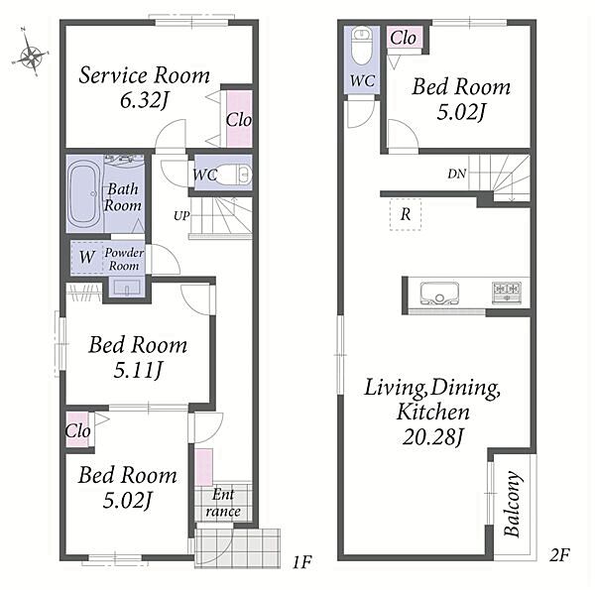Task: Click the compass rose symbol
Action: tap(31, 53)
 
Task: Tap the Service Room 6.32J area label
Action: tap(144, 87)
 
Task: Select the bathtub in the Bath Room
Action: tap(84, 194)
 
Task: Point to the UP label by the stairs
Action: tap(181, 216)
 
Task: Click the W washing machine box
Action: tap(87, 257)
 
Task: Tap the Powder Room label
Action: tap(124, 259)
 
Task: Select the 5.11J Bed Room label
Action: tap(138, 357)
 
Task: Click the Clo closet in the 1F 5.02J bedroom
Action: tap(77, 430)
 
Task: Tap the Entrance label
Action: tap(223, 503)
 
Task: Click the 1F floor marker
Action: tap(301, 562)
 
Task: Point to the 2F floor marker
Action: tap(559, 555)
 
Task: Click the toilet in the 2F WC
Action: tap(361, 47)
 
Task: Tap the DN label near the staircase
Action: tap(456, 174)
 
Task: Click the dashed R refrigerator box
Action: tap(406, 214)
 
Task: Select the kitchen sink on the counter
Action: tap(439, 294)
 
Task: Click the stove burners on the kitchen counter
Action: tap(507, 293)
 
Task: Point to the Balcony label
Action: tap(512, 504)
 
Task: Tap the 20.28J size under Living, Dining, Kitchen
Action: tap(432, 437)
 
